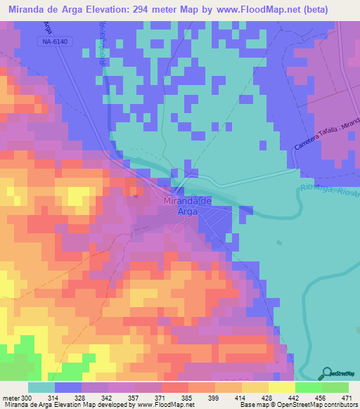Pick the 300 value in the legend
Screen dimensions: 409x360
point(26,397)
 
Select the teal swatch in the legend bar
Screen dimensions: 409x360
point(41,387)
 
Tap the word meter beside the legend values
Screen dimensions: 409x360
point(11,397)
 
